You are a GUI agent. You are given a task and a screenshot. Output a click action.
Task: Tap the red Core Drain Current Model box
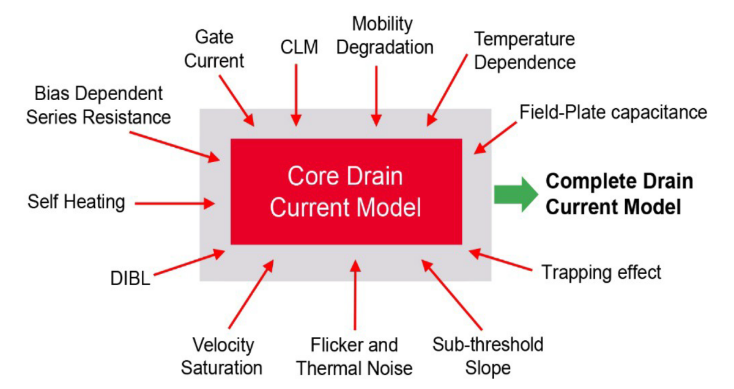click(346, 191)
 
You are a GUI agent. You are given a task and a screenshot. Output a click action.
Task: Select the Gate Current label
click(214, 49)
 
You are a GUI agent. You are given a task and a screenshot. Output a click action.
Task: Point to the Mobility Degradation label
click(383, 35)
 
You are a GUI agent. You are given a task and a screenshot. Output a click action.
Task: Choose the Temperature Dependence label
click(525, 51)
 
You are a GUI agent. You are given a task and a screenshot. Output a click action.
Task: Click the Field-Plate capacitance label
click(614, 112)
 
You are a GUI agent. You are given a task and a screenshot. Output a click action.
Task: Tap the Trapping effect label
click(601, 272)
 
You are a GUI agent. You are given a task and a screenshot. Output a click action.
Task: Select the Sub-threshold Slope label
click(487, 356)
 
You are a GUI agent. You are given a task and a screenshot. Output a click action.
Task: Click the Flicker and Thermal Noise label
click(354, 356)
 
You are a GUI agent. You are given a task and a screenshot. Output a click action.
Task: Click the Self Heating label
click(76, 202)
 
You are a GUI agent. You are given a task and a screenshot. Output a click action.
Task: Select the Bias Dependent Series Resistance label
click(98, 105)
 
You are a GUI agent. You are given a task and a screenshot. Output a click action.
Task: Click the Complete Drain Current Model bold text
click(619, 194)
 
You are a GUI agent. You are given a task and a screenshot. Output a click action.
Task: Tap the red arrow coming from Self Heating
click(174, 203)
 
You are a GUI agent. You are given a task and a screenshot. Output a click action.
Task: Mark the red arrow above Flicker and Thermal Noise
click(355, 294)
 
